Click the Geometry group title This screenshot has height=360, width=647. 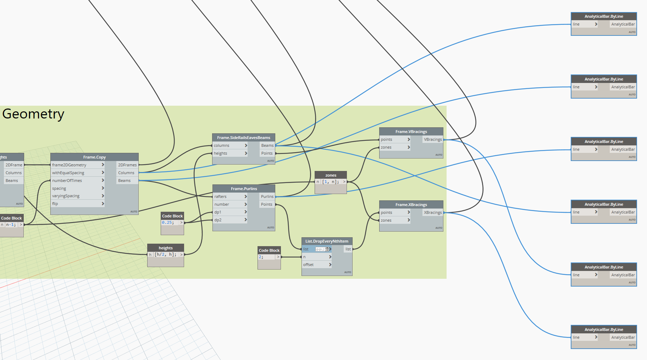pyautogui.click(x=33, y=114)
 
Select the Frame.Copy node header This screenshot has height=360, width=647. pyautogui.click(x=94, y=157)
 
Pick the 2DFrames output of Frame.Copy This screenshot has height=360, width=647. pyautogui.click(x=127, y=165)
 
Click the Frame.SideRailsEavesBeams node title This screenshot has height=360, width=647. pyautogui.click(x=244, y=138)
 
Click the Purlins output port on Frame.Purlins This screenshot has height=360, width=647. pyautogui.click(x=267, y=196)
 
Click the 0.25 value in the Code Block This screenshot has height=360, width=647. pyautogui.click(x=168, y=222)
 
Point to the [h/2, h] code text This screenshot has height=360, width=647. pyautogui.click(x=165, y=254)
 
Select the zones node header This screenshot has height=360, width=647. pyautogui.click(x=331, y=175)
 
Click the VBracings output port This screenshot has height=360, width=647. pyautogui.click(x=433, y=139)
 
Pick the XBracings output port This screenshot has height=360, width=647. pyautogui.click(x=433, y=212)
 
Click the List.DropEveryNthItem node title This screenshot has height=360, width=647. pyautogui.click(x=327, y=241)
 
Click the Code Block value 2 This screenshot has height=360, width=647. pyautogui.click(x=261, y=257)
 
